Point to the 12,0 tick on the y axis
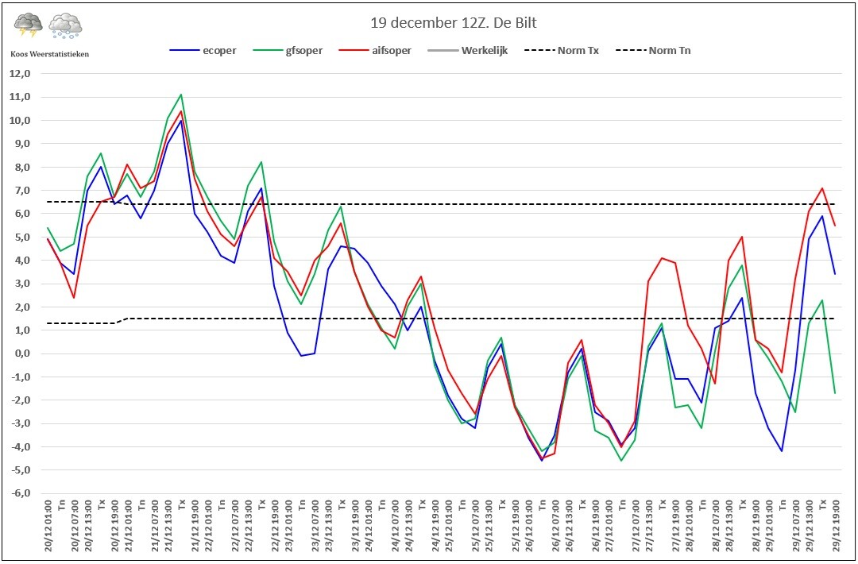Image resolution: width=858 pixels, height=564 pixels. coord(19,74)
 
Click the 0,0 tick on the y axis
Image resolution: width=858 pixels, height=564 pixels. coord(21,353)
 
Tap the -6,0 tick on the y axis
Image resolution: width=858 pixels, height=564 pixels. coord(19,493)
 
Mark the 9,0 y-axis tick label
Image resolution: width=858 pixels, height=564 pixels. coord(21,144)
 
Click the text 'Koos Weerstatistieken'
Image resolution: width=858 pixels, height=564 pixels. coord(49,53)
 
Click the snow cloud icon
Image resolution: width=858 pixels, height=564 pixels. coord(65,25)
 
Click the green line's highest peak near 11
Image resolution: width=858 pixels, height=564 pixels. coord(181,95)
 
